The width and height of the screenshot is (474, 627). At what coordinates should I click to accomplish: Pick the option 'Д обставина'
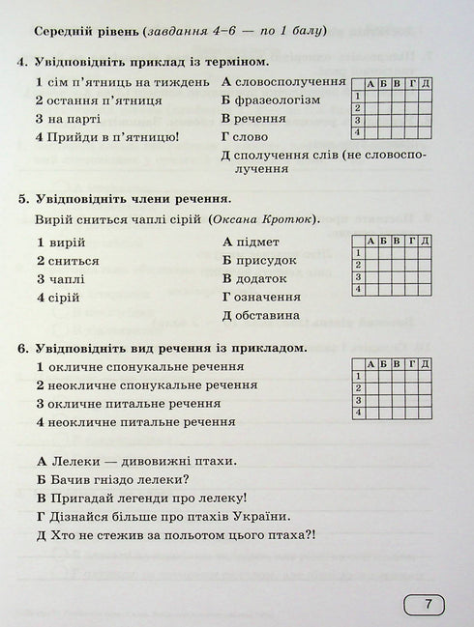[x=260, y=315]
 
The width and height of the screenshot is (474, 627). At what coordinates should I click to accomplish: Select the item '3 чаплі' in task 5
[x=61, y=278]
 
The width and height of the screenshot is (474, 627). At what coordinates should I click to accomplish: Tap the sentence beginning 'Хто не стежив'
[x=180, y=538]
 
